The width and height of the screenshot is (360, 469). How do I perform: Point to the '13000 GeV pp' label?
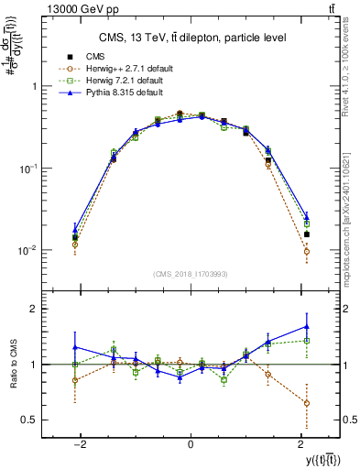pos(49,9)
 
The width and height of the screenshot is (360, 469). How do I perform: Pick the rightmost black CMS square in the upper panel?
pos(307,234)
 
